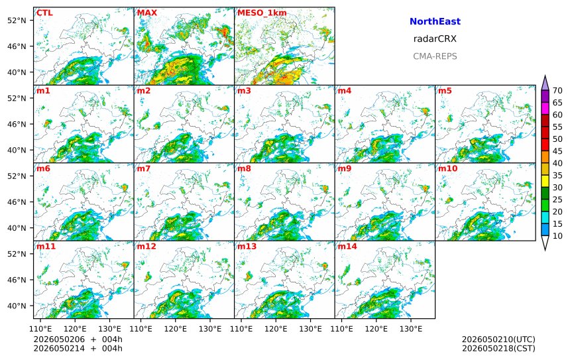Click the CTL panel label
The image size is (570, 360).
point(44,13)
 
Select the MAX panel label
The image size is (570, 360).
point(147,13)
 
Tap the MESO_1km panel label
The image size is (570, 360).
point(262,13)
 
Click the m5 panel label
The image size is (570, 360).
point(445,91)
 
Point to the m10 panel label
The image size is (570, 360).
point(447,168)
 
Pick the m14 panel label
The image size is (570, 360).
point(347,247)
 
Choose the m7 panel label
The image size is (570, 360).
point(144,168)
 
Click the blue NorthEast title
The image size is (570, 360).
point(435,21)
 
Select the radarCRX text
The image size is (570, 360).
point(435,39)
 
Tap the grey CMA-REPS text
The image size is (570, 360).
point(435,56)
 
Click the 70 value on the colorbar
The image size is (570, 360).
point(557,91)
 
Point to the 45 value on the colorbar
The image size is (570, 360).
point(557,151)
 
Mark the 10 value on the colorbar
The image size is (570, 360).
point(557,236)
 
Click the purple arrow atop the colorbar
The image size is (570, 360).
point(545,83)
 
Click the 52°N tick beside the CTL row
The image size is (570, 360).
point(17,21)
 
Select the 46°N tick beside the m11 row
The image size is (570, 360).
point(17,280)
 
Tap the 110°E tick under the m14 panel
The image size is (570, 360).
point(342,329)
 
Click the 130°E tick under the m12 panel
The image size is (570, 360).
point(210,329)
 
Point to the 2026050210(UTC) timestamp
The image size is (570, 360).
point(498,339)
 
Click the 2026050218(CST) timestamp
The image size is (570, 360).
point(498,348)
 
